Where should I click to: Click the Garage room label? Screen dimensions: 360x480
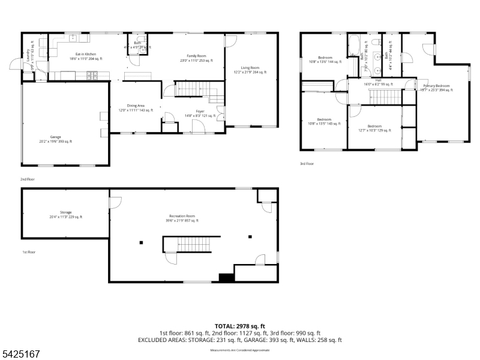tap(55, 139)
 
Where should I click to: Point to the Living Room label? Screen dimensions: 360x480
tap(250, 70)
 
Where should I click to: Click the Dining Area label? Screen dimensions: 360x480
tap(136, 107)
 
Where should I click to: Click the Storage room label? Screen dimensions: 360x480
tap(65, 214)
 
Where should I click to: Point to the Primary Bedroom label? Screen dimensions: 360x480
tap(436, 88)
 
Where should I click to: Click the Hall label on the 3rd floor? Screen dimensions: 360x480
tap(378, 82)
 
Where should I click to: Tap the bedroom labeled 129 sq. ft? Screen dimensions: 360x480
tap(374, 128)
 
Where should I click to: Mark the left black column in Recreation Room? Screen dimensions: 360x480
tap(141, 243)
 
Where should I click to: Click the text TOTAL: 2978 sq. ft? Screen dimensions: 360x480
tap(239, 326)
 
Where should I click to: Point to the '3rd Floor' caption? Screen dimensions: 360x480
tap(307, 163)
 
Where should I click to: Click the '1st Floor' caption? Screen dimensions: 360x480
tap(28, 252)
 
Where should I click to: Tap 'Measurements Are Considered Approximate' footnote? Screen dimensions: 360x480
tap(239, 350)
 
